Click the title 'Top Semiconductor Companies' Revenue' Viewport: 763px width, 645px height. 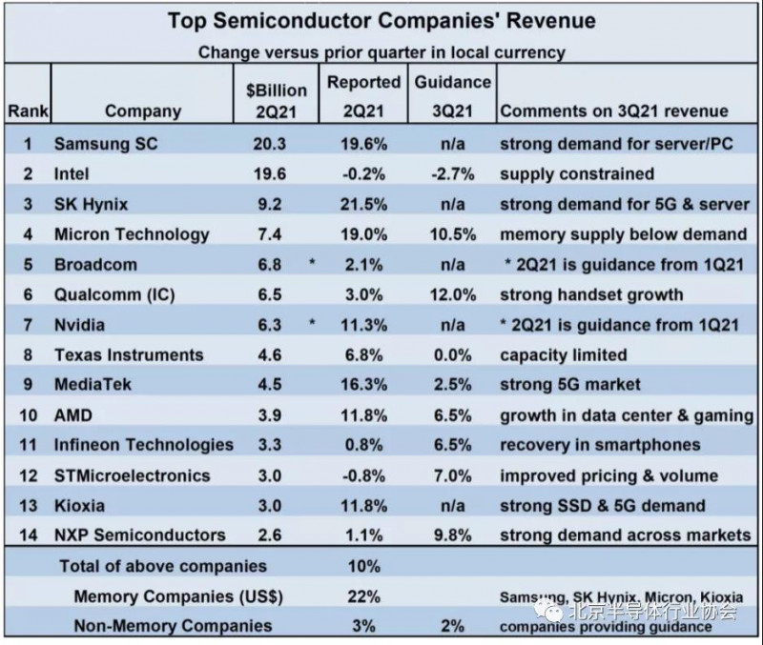coord(381,20)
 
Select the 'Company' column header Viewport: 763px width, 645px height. coord(142,111)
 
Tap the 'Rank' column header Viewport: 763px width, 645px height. coord(28,111)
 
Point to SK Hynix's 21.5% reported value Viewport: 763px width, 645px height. coord(363,204)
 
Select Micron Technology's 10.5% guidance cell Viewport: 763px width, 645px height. coord(452,234)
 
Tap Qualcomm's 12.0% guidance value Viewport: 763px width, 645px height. coord(452,294)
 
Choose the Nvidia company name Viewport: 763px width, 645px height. coord(81,325)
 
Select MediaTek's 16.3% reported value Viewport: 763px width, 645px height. coord(363,385)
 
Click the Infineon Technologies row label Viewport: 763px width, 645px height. coord(143,445)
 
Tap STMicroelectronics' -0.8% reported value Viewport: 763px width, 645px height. coord(363,475)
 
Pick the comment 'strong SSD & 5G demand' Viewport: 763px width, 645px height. coord(602,505)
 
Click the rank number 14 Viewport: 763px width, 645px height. coord(27,535)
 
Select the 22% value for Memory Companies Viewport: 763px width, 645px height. coord(363,596)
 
